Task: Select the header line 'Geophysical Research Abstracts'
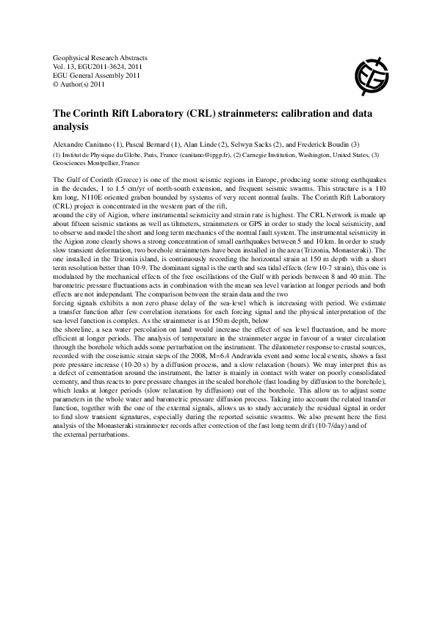[x=100, y=57]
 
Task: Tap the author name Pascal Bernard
[x=154, y=144]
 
